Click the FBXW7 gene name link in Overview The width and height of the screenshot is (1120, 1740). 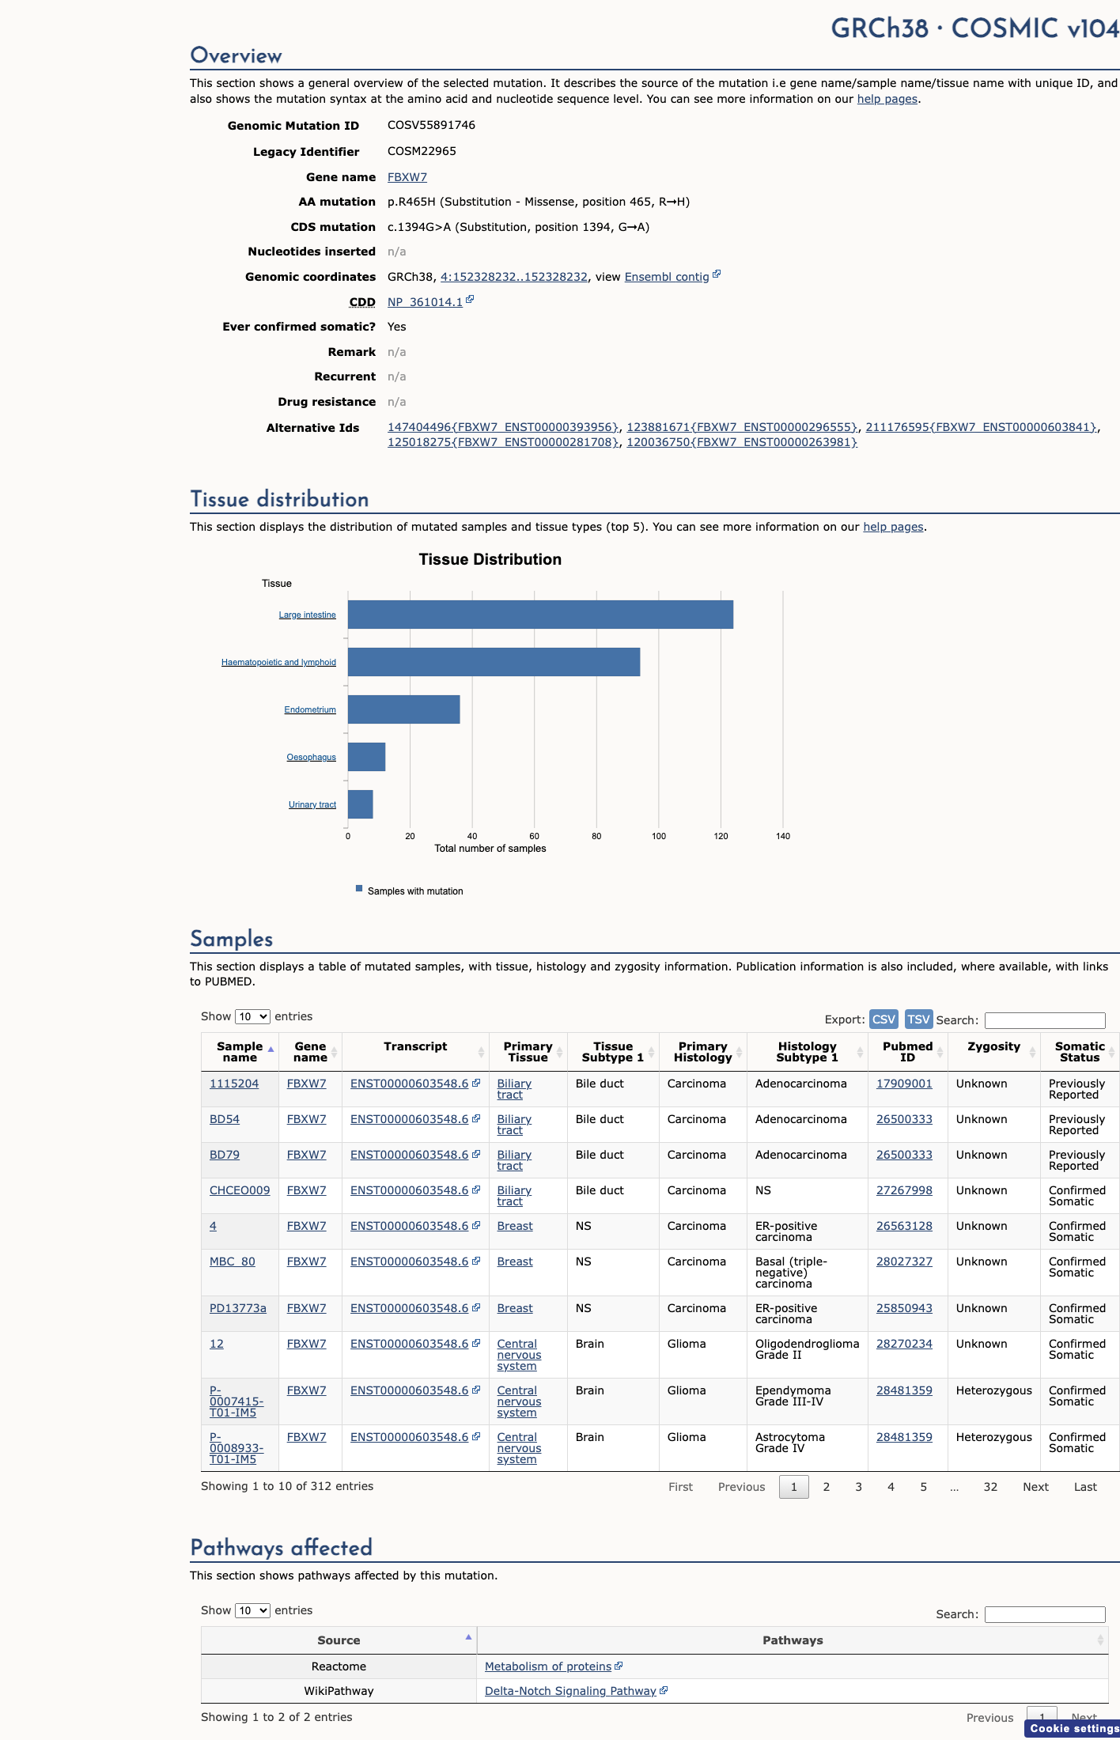407,177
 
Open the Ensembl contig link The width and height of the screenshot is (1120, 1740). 667,277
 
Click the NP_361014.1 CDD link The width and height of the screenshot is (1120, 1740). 425,302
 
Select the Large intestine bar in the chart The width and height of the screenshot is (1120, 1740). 540,615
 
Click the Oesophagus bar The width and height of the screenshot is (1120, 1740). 366,757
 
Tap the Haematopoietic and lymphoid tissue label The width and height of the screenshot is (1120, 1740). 278,663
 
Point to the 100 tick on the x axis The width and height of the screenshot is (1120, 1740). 659,836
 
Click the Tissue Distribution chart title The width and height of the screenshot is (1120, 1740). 490,559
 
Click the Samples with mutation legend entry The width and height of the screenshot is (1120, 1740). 410,891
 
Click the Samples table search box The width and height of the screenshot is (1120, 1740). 1045,1020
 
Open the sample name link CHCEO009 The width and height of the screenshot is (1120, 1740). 240,1190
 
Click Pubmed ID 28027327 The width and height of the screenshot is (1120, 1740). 904,1261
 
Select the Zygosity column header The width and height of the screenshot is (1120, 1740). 993,1046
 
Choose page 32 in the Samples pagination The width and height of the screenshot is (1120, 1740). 990,1487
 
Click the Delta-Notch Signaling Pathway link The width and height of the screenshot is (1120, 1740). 570,1691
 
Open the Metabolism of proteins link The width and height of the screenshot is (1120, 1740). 548,1666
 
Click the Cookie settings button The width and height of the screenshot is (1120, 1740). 1073,1728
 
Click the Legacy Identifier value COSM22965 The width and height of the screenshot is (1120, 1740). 422,151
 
